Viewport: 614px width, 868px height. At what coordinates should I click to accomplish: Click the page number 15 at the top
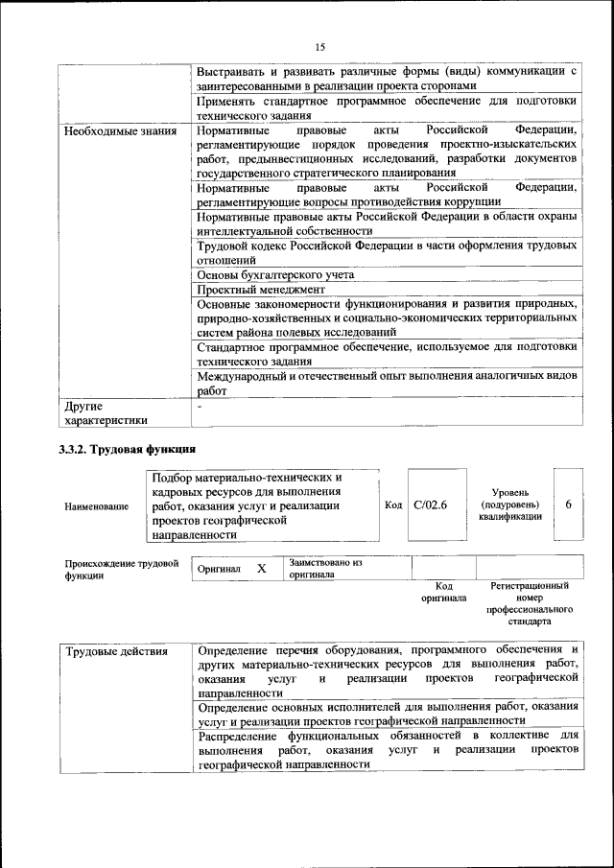[319, 47]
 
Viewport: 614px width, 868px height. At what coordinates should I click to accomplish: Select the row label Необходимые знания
[120, 130]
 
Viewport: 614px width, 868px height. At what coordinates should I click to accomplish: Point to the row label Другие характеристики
[106, 412]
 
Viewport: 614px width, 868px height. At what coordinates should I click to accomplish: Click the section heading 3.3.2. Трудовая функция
[127, 449]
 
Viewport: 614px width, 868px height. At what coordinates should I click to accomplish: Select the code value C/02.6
[430, 505]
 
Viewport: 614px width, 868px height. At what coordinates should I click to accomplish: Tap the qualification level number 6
[568, 505]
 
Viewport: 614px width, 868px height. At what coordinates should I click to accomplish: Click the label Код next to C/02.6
[392, 505]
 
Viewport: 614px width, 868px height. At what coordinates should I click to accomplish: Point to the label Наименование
[96, 506]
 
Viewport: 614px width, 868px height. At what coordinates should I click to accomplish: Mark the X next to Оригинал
[261, 569]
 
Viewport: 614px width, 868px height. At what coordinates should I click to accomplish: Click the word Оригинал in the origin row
[219, 570]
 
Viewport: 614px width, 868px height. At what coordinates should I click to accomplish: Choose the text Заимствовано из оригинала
[324, 569]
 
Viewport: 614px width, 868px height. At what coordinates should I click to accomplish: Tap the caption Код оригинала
[443, 591]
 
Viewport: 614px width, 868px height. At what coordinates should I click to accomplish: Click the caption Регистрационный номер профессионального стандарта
[529, 602]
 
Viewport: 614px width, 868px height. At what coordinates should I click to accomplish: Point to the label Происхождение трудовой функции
[121, 569]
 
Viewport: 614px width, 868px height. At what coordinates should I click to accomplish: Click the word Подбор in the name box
[173, 477]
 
